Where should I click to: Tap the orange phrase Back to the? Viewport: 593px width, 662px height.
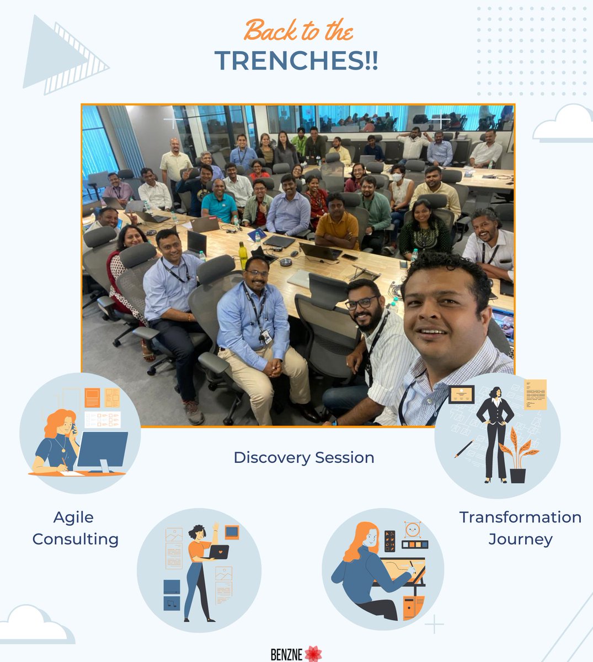[x=298, y=30]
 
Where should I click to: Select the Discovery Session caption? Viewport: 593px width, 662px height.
[x=304, y=457]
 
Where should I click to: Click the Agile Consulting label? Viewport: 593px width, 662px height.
[x=75, y=528]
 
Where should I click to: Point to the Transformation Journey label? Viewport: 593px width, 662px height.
[x=520, y=528]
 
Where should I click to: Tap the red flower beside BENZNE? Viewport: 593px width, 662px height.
[x=313, y=653]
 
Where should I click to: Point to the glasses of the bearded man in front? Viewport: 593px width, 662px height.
[x=362, y=303]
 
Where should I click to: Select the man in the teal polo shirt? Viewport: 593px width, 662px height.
[x=220, y=206]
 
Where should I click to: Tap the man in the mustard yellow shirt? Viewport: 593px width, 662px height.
[x=337, y=224]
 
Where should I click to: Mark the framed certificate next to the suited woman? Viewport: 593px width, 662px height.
[x=461, y=394]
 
